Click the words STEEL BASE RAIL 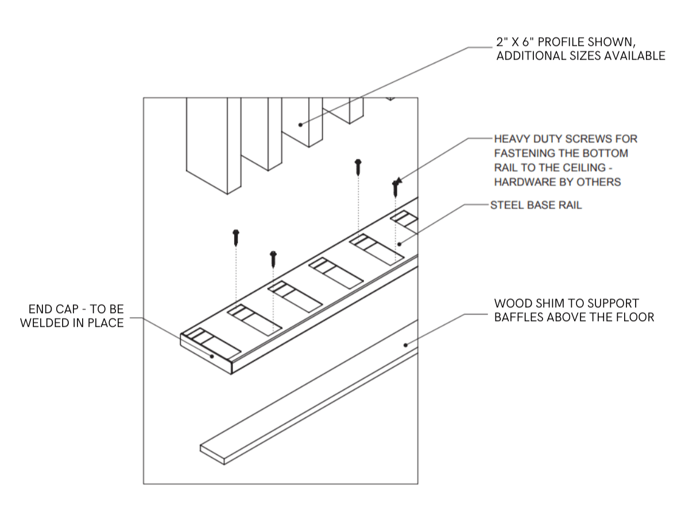535,205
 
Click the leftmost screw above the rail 235,236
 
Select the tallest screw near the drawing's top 358,167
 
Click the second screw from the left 273,259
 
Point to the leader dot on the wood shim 406,345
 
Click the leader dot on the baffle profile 300,124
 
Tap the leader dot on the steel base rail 399,244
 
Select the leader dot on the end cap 212,356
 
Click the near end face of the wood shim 211,452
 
